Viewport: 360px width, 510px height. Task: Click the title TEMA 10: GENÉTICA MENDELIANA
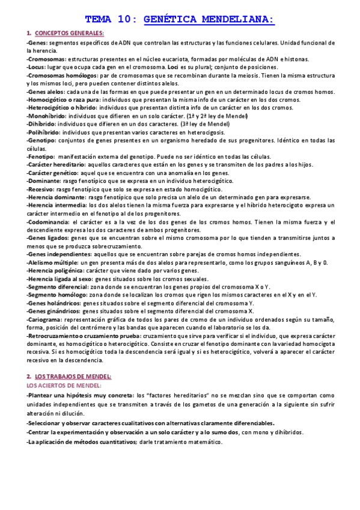click(x=180, y=19)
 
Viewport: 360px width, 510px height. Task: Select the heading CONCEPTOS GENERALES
click(x=69, y=33)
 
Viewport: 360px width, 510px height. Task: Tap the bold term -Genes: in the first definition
click(x=37, y=44)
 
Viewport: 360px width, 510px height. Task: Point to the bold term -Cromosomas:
click(x=46, y=59)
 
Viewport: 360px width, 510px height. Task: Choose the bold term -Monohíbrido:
click(x=47, y=116)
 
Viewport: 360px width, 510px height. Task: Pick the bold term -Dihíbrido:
click(x=42, y=124)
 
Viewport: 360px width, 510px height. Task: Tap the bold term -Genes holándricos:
click(x=52, y=303)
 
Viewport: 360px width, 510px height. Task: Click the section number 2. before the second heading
click(x=29, y=376)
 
